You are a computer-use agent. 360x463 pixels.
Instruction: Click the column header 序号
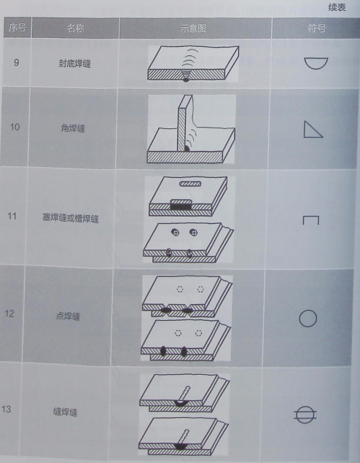point(16,28)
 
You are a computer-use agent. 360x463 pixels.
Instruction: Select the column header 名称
point(75,28)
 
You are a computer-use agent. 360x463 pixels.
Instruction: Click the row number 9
point(16,63)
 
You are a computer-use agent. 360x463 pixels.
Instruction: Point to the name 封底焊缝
point(75,63)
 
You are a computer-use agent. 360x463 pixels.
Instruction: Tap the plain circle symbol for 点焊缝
point(308,319)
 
